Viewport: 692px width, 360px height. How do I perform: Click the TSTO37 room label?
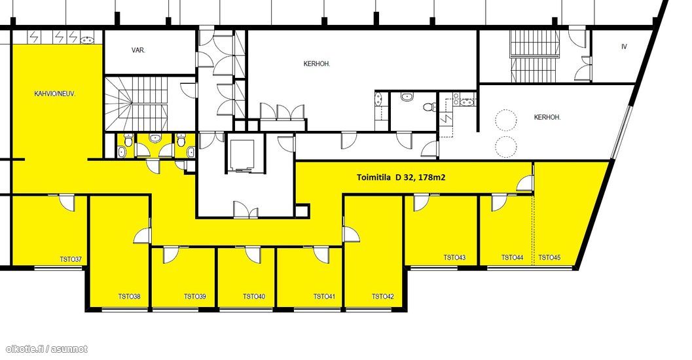71,259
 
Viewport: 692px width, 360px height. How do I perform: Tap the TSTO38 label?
130,297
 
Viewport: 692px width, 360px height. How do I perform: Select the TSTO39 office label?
195,297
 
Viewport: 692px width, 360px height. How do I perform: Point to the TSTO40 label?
254,297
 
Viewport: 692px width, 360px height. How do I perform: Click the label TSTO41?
324,297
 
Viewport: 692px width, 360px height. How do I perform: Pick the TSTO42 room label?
382,297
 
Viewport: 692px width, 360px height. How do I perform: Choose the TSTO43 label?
454,258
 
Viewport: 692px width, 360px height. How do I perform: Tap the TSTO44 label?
513,258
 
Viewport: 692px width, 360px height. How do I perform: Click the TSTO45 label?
549,258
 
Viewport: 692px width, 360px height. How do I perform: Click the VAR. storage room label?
138,50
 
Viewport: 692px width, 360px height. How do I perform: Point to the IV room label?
624,46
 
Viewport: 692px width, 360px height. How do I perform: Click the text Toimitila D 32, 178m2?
401,178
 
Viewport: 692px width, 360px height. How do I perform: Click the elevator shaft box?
240,155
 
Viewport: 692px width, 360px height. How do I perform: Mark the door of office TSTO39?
170,255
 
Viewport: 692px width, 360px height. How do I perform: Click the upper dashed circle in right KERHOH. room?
506,118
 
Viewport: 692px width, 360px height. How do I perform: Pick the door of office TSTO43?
420,203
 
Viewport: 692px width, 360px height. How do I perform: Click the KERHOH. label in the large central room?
317,64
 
